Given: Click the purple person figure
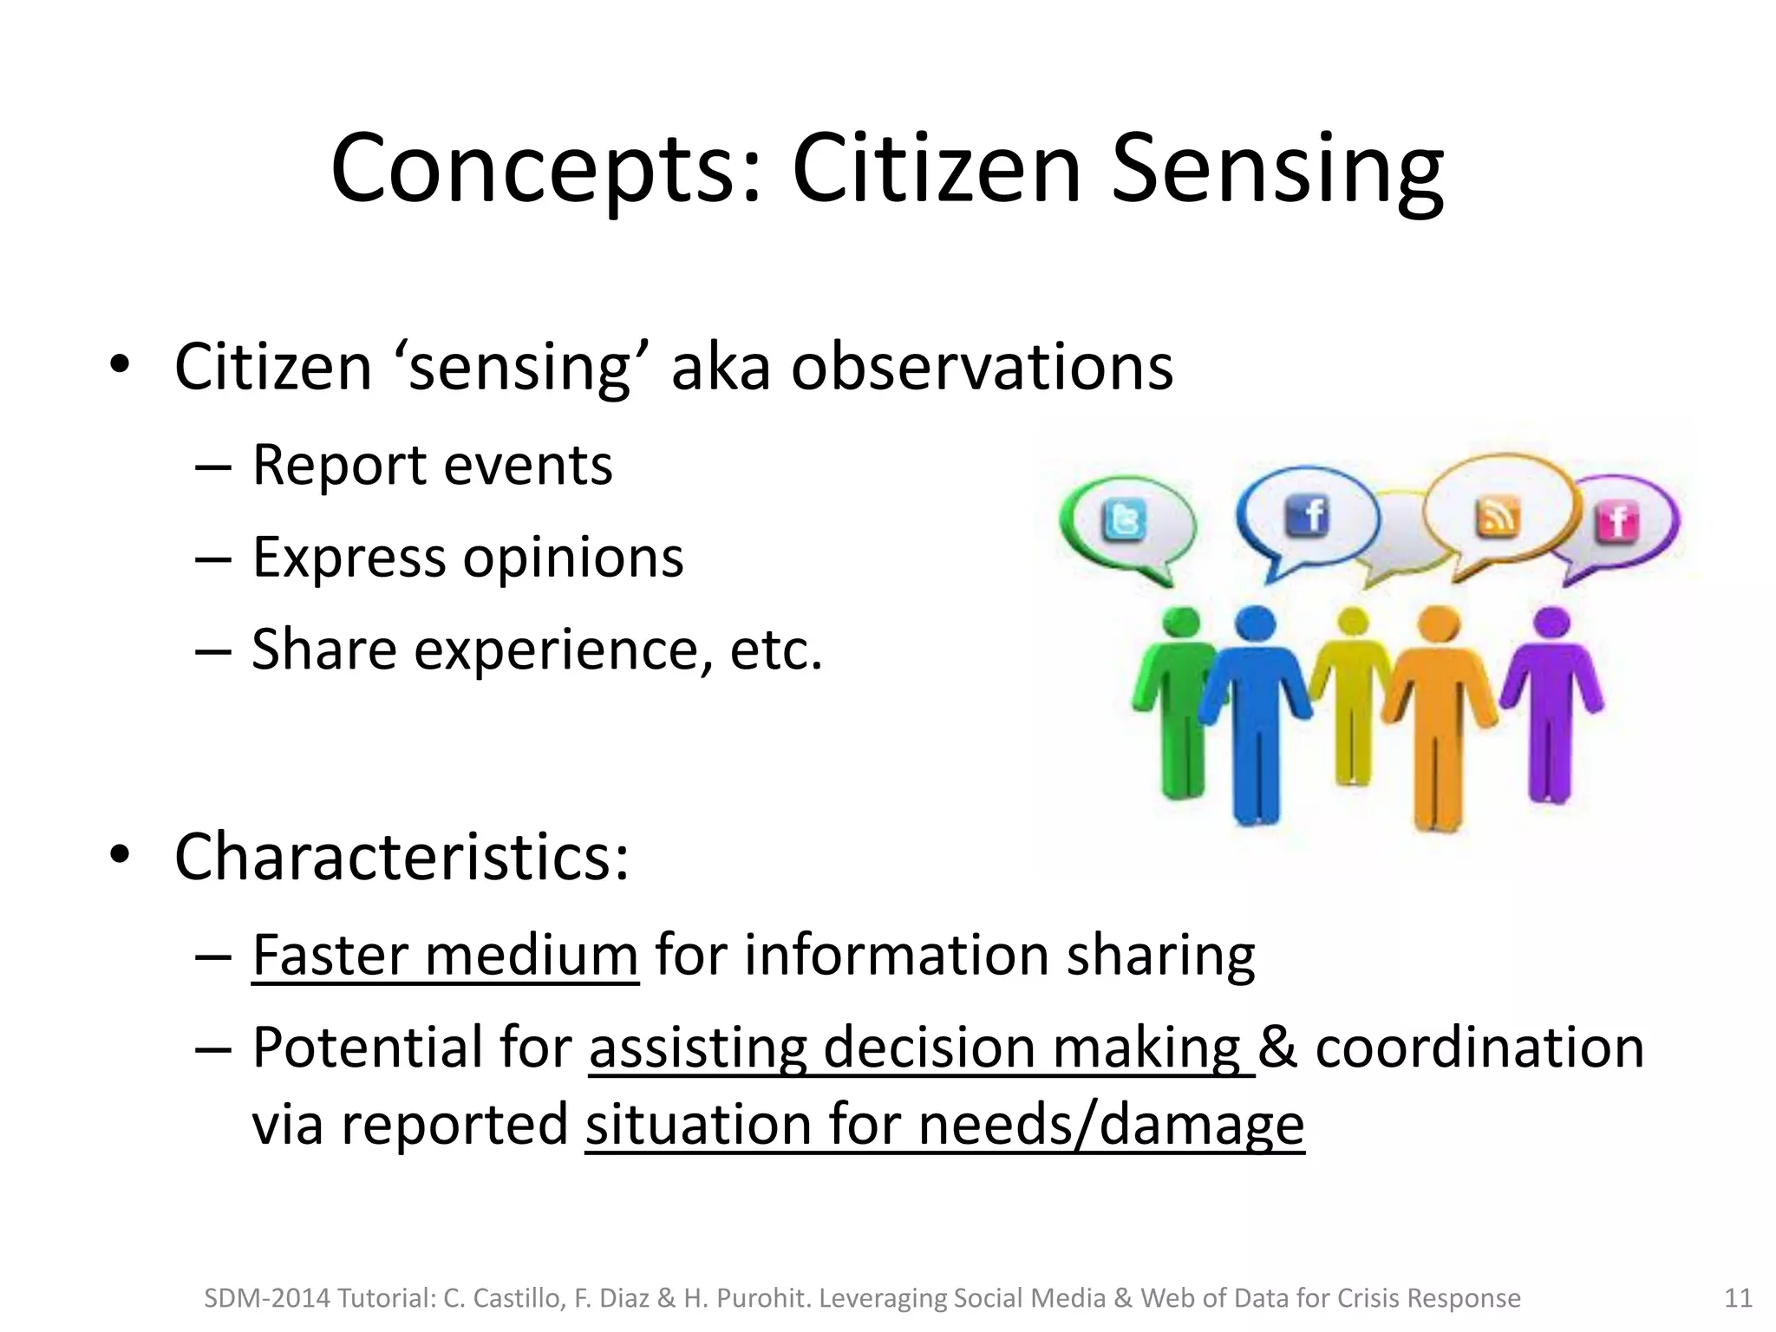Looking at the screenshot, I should (1551, 702).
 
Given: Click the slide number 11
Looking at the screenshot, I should (1738, 1298).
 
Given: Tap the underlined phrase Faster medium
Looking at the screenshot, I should (445, 956).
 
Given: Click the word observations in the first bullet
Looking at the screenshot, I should (982, 367).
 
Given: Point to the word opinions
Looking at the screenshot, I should (573, 557).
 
